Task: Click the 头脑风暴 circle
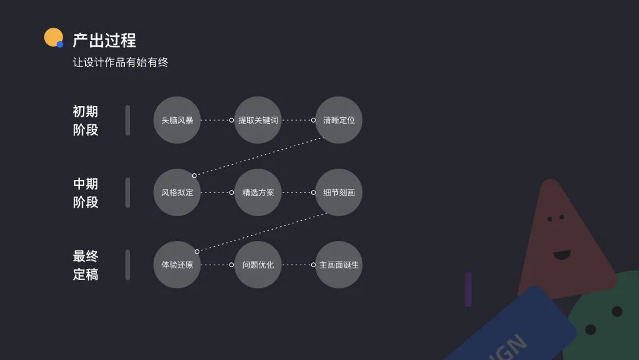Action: pos(177,120)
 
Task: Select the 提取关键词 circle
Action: pos(258,120)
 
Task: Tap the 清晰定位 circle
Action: pos(339,120)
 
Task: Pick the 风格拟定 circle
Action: pos(177,192)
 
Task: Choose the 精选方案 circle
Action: pos(258,192)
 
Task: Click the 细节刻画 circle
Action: pos(339,192)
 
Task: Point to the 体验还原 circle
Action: pos(177,265)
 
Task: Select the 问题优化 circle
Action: pos(258,265)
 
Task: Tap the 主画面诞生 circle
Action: pos(339,265)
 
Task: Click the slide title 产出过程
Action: pos(104,40)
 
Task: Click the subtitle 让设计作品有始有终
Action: pos(121,62)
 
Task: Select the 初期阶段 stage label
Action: pos(85,120)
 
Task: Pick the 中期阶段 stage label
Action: pos(85,192)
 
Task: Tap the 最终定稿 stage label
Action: pos(85,265)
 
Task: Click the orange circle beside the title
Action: pos(53,37)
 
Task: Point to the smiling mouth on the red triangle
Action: pos(561,255)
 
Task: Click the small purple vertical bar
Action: pos(468,289)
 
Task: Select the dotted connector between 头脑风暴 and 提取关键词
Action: pos(216,120)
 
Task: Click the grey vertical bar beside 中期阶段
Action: pos(128,192)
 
